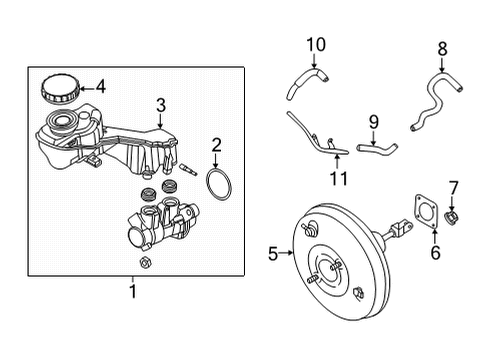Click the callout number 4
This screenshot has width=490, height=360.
tap(101, 87)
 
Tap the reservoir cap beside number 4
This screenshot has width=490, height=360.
tap(60, 88)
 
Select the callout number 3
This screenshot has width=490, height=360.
tap(161, 105)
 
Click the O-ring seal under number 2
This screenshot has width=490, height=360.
tap(219, 184)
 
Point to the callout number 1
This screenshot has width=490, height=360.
tap(133, 291)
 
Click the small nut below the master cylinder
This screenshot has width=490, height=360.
tap(145, 263)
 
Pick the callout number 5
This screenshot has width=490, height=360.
tap(273, 254)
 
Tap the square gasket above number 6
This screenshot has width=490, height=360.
tap(426, 212)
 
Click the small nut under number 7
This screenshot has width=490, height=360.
tap(451, 217)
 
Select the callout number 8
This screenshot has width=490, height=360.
tap(442, 49)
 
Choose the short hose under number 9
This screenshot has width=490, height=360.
tap(377, 148)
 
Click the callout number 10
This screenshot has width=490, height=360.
tap(316, 45)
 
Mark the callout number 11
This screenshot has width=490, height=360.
tap(339, 178)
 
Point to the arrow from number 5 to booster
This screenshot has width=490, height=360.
tap(286, 253)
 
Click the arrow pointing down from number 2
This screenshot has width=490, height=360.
tap(216, 161)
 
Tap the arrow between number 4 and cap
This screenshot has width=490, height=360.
tap(87, 89)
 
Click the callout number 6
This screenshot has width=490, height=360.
tap(435, 252)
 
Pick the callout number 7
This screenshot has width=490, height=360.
tap(453, 188)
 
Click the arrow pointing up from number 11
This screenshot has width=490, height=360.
tap(337, 162)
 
